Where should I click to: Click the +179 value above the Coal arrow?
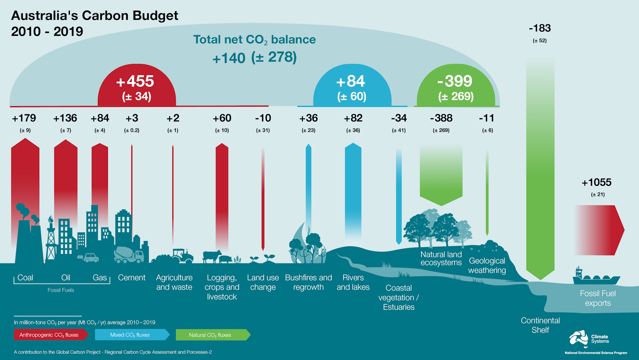coord(24,118)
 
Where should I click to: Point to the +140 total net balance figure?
coord(229,58)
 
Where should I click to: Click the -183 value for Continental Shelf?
coord(539,28)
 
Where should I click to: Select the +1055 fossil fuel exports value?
coord(596,182)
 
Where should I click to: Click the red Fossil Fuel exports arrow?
coord(599,230)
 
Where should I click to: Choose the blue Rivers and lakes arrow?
coord(353,190)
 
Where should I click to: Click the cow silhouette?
coord(211,257)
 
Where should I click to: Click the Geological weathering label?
coord(487,265)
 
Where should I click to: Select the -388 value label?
coord(441,118)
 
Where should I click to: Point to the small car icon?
coord(91,258)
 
